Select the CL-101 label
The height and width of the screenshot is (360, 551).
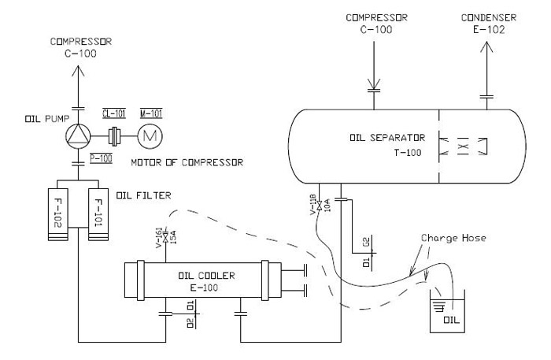tap(116, 113)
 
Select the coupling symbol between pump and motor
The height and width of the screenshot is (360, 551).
tap(116, 135)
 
